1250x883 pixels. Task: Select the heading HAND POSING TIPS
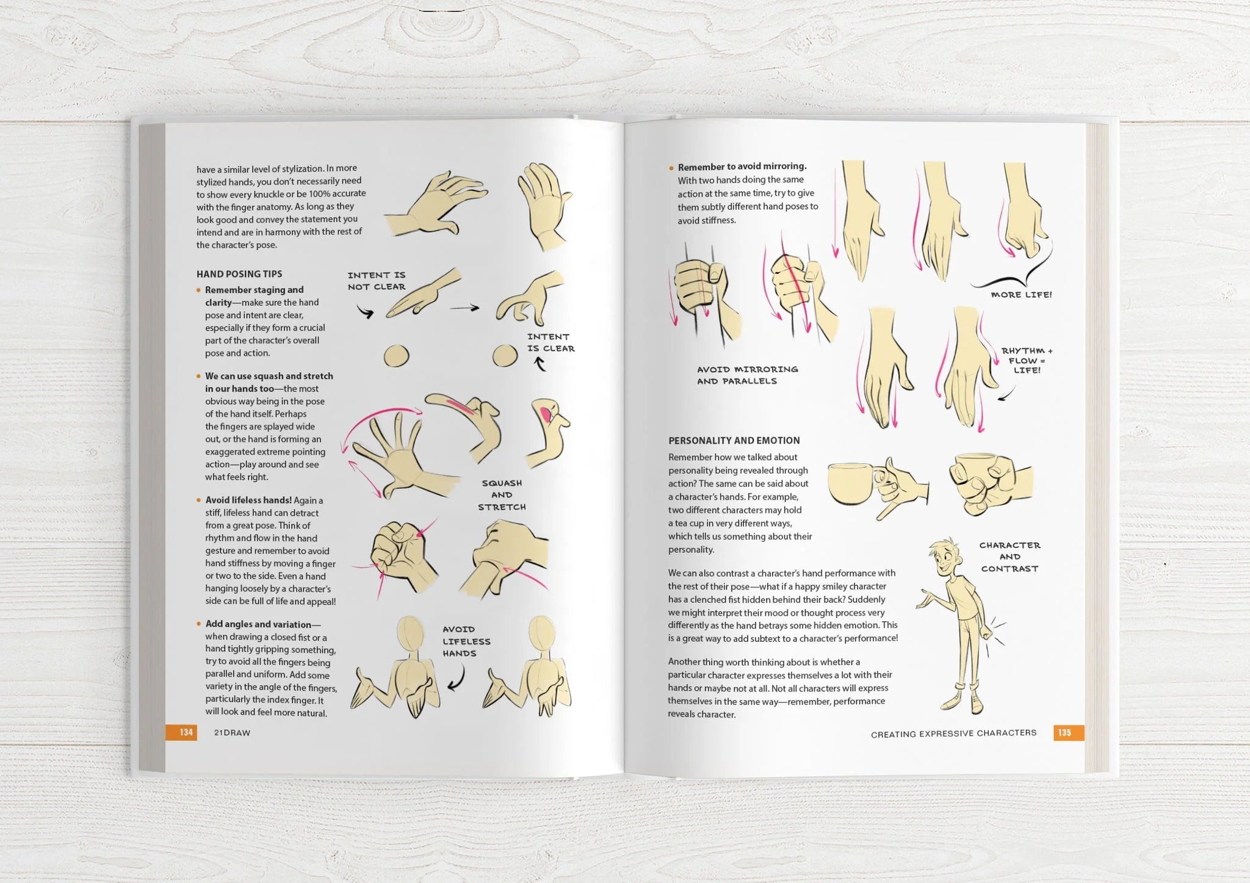(x=239, y=274)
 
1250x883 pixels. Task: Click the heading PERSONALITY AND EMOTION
(x=734, y=441)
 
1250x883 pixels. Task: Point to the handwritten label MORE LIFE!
(x=1021, y=295)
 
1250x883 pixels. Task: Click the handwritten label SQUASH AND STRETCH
(x=502, y=495)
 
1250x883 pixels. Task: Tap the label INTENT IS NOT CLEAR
(x=377, y=281)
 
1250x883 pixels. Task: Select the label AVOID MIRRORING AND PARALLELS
(x=747, y=375)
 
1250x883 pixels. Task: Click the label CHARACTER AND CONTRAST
(x=1010, y=557)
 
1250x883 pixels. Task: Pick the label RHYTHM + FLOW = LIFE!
(x=1027, y=360)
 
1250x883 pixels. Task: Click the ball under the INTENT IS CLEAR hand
(x=505, y=356)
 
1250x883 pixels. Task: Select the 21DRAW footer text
(x=232, y=733)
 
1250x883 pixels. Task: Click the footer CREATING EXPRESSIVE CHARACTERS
(x=953, y=733)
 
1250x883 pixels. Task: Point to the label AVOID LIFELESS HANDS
(x=466, y=641)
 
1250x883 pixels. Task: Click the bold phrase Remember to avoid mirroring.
(x=742, y=166)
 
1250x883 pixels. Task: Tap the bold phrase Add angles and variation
(x=258, y=624)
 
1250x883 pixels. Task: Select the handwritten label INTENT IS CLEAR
(x=551, y=342)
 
